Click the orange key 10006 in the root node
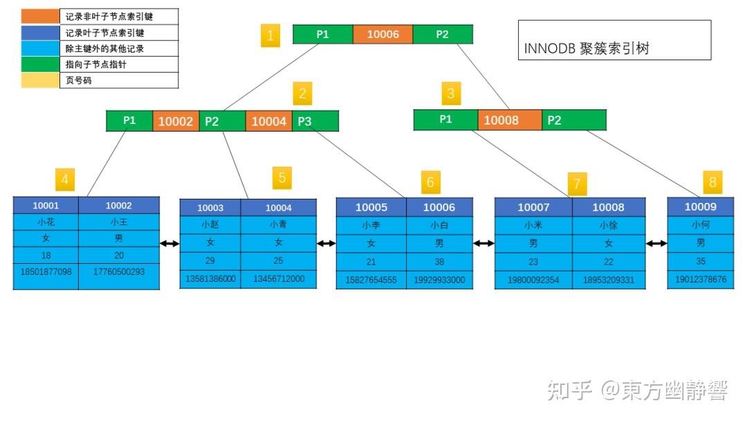pyautogui.click(x=382, y=34)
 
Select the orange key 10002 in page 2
pyautogui.click(x=176, y=121)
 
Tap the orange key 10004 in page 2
pyautogui.click(x=268, y=121)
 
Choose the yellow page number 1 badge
pyautogui.click(x=270, y=35)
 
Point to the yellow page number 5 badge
pyautogui.click(x=282, y=177)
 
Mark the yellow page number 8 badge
pyautogui.click(x=712, y=183)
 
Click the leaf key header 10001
pyautogui.click(x=46, y=205)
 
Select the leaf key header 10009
pyautogui.click(x=700, y=206)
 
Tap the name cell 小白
pyautogui.click(x=439, y=225)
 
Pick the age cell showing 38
pyautogui.click(x=439, y=262)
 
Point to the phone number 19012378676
pyautogui.click(x=700, y=280)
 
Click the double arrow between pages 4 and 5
pyautogui.click(x=169, y=243)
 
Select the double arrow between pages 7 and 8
pyautogui.click(x=656, y=243)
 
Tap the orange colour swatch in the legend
pyautogui.click(x=40, y=16)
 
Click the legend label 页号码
pyautogui.click(x=79, y=80)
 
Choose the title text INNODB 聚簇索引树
pyautogui.click(x=587, y=48)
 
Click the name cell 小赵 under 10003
pyautogui.click(x=210, y=224)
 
